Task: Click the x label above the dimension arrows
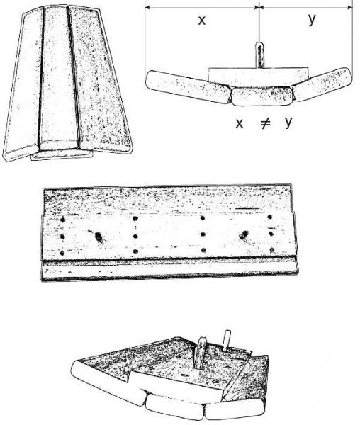(x=202, y=21)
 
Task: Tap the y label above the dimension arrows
(x=312, y=19)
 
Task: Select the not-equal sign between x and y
(x=265, y=123)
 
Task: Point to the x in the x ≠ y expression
(x=239, y=123)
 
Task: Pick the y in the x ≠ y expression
(x=288, y=123)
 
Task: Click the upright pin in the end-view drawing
(x=259, y=55)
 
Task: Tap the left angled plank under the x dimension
(x=189, y=86)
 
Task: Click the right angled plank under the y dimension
(x=322, y=84)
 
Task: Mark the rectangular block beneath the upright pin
(x=258, y=77)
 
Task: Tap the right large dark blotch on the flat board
(x=244, y=234)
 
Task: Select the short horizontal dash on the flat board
(x=247, y=208)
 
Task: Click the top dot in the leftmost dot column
(x=62, y=220)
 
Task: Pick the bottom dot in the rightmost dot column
(x=272, y=249)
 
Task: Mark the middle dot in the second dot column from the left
(x=135, y=237)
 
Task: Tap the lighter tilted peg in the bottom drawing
(x=226, y=340)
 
